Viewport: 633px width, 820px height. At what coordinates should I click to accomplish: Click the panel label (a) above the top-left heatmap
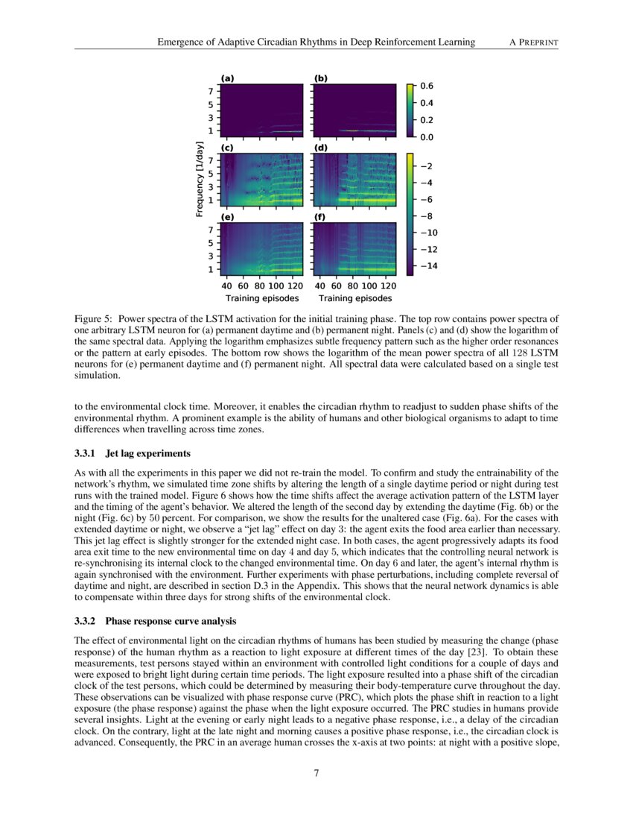point(228,78)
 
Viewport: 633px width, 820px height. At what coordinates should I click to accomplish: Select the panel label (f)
point(321,218)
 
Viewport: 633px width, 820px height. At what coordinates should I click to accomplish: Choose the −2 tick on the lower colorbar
point(430,165)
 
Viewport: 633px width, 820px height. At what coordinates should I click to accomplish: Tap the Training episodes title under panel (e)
point(261,298)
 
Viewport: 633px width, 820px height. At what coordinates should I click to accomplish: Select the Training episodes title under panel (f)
point(354,298)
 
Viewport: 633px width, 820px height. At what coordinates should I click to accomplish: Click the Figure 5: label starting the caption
point(95,318)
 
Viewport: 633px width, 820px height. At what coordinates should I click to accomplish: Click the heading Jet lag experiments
point(148,453)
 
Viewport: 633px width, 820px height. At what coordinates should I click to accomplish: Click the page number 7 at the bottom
point(316,773)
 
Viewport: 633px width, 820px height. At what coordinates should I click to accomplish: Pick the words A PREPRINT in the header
point(533,42)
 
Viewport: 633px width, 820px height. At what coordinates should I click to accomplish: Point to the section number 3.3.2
point(86,620)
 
